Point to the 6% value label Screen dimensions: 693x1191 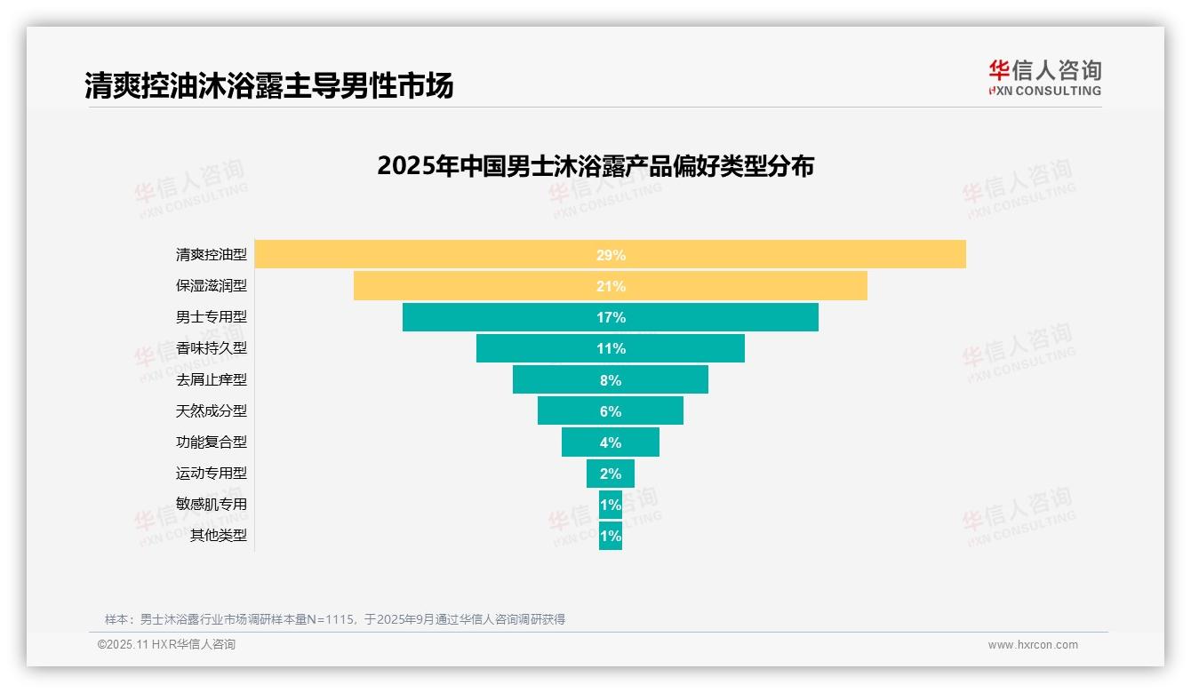click(x=611, y=411)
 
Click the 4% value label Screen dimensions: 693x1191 click(x=611, y=442)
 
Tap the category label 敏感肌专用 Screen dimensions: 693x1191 click(x=211, y=504)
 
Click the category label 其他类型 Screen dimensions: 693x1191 click(x=218, y=536)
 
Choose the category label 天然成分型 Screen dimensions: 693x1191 click(x=211, y=410)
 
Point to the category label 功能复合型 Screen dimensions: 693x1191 click(x=211, y=442)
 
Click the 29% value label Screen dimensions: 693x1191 click(x=611, y=255)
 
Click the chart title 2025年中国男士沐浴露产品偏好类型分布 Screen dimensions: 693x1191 click(x=595, y=166)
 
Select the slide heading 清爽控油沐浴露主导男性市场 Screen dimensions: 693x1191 click(x=269, y=85)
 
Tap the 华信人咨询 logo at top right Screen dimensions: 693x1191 click(x=1044, y=77)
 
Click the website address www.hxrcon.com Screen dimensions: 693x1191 click(x=1033, y=645)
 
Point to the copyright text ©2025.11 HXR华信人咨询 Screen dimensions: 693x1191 click(x=166, y=645)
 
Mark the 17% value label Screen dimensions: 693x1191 click(x=611, y=317)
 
